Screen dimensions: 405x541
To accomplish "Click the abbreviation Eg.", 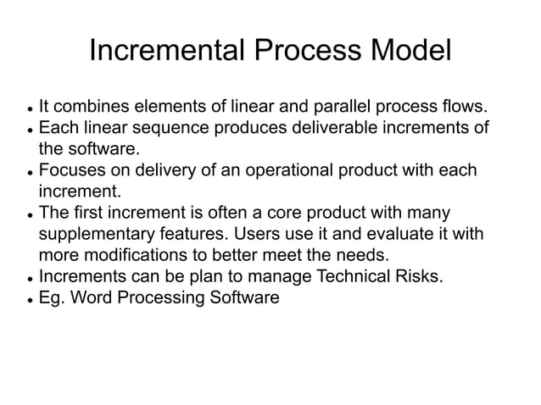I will (x=53, y=297).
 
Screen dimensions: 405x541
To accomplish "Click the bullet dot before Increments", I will (x=31, y=278).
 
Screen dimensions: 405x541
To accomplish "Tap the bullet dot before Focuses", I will (x=31, y=173).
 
